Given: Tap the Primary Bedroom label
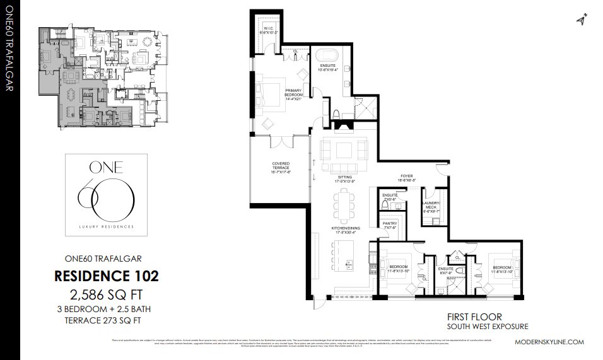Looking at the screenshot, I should pyautogui.click(x=294, y=93).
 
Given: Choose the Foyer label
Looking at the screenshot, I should pyautogui.click(x=406, y=178).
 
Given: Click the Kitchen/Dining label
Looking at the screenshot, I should pyautogui.click(x=344, y=229).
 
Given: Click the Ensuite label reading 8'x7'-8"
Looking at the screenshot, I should pyautogui.click(x=446, y=270).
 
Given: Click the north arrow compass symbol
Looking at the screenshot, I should pyautogui.click(x=581, y=20).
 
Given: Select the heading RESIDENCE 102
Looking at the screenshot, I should pyautogui.click(x=106, y=276).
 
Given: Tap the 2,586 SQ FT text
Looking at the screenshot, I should pyautogui.click(x=106, y=294).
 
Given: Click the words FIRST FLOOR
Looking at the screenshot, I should pyautogui.click(x=474, y=316).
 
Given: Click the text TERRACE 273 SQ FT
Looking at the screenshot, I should pyautogui.click(x=106, y=320).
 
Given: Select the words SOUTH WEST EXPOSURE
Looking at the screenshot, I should pyautogui.click(x=487, y=327).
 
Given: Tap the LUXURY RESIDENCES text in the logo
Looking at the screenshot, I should pyautogui.click(x=106, y=226).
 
